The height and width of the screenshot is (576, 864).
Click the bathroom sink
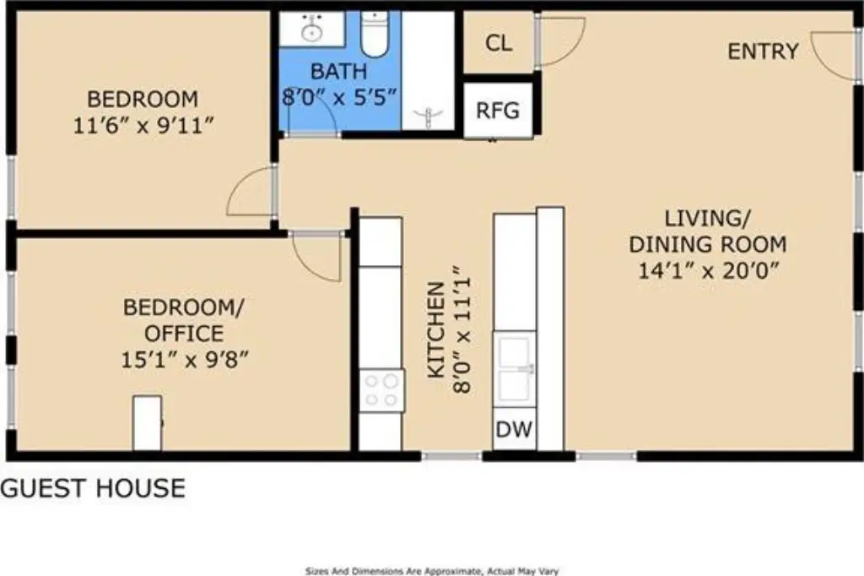point(312,28)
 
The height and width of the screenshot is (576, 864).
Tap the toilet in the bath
point(375,34)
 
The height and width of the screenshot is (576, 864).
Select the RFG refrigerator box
point(498,111)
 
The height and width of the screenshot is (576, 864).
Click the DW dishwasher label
point(514,429)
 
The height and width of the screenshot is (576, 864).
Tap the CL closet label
point(499,43)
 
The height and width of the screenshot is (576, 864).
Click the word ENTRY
point(763,52)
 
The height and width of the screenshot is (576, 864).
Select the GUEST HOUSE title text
point(93,488)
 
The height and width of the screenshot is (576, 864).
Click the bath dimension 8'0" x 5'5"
point(339,98)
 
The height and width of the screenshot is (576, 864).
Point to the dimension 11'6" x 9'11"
point(143,126)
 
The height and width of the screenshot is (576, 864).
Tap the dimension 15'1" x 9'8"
point(185,361)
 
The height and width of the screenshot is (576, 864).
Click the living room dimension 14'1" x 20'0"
point(708,271)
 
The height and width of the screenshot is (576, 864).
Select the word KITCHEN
point(436,330)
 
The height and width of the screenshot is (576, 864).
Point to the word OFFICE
point(184,334)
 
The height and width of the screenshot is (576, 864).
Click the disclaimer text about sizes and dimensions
point(432,572)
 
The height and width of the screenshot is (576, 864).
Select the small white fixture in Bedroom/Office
point(147,422)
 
